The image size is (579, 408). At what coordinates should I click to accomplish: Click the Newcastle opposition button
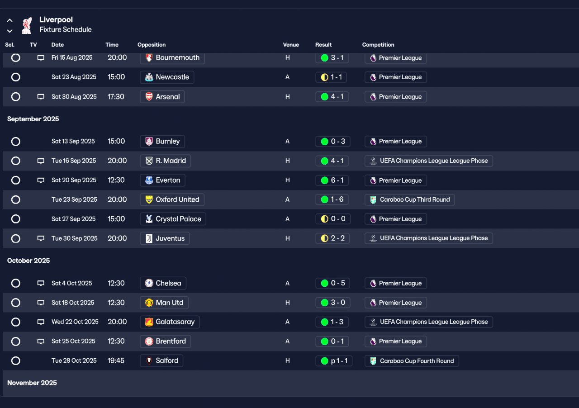(167, 77)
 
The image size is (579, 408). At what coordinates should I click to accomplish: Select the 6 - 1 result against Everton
(332, 180)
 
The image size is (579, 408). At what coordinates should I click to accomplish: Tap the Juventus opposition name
(165, 238)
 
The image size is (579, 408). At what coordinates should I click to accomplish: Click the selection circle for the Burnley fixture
(16, 142)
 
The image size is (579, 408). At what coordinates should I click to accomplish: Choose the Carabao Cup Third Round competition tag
(409, 199)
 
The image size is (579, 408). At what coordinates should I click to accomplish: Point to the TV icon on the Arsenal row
(41, 97)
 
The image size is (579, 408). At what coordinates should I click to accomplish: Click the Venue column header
(291, 45)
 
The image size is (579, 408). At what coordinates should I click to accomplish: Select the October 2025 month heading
(28, 261)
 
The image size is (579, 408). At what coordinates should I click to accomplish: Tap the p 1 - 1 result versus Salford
(334, 361)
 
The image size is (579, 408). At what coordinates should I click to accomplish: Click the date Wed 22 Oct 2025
(75, 322)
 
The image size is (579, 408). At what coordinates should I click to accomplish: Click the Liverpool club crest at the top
(27, 25)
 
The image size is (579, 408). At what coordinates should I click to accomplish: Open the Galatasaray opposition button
(170, 322)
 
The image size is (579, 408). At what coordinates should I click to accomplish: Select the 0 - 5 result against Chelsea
(333, 284)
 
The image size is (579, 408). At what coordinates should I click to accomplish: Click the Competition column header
(378, 45)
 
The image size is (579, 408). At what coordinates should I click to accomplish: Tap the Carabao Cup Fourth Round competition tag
(412, 361)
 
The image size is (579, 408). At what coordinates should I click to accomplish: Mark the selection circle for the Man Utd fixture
(16, 303)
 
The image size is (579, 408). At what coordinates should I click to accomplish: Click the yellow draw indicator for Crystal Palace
(324, 219)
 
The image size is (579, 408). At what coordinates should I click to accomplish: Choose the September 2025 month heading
(33, 119)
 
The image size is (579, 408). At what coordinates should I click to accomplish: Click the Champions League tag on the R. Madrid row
(428, 161)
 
